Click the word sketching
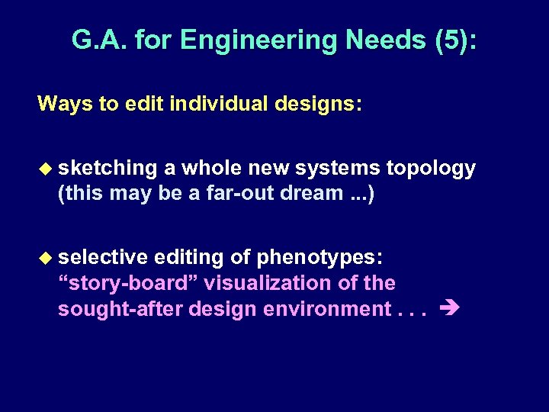pyautogui.click(x=108, y=168)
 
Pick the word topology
pyautogui.click(x=432, y=168)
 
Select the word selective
pyautogui.click(x=103, y=258)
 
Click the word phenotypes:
pyautogui.click(x=319, y=258)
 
